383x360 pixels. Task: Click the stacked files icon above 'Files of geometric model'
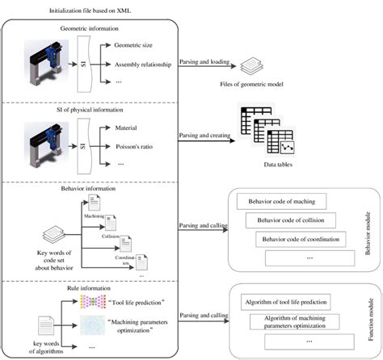(250, 65)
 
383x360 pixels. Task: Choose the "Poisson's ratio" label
(136, 146)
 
